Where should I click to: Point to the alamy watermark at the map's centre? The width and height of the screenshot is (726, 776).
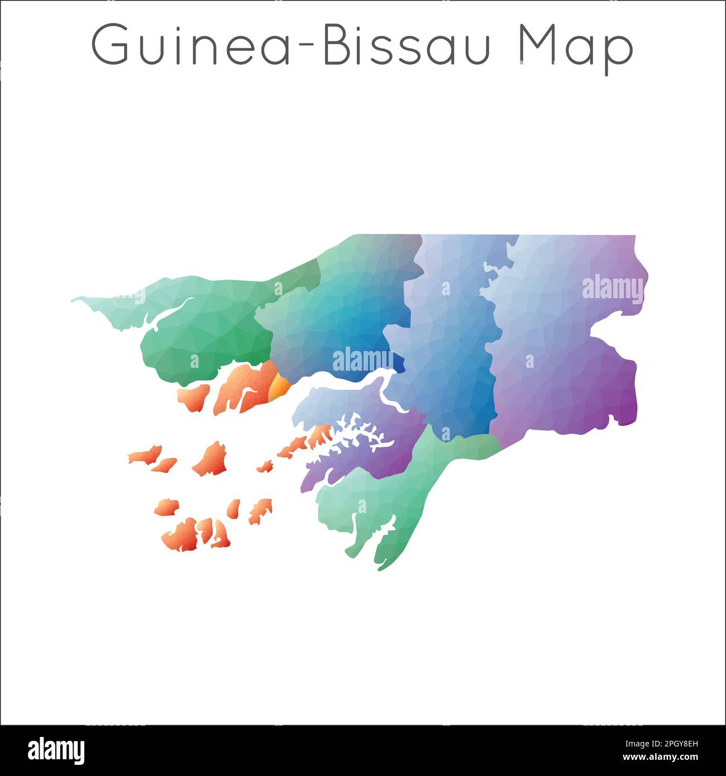pyautogui.click(x=362, y=360)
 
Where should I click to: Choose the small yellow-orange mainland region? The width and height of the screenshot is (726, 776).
pyautogui.click(x=279, y=386)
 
